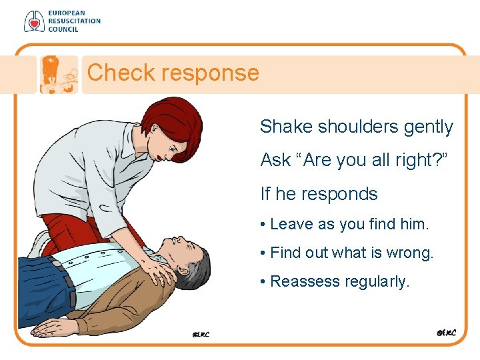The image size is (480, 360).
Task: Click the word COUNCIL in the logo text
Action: pos(63,29)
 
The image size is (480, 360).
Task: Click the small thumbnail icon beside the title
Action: pos(57,74)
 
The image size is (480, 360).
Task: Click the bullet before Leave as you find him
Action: pos(264,225)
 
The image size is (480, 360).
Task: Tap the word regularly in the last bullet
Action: pos(377,282)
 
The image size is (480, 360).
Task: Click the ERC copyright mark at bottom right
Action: pos(445,332)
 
